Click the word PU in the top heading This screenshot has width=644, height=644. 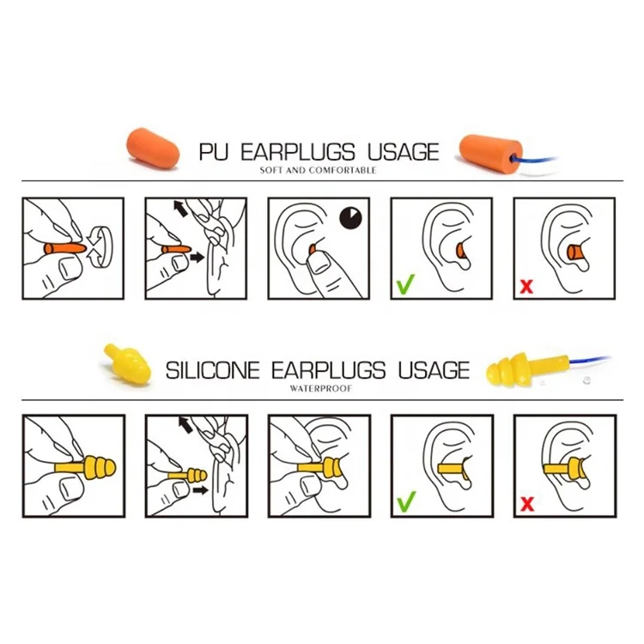[214, 152]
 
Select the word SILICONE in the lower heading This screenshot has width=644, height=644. [212, 370]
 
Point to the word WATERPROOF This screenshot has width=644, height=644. [321, 388]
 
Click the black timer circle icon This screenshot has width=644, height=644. [350, 218]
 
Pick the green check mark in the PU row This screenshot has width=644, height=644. [405, 284]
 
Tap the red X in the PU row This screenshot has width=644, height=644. [526, 286]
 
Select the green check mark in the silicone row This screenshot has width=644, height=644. [406, 501]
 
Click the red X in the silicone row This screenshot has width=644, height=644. [527, 504]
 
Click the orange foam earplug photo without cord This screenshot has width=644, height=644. [153, 148]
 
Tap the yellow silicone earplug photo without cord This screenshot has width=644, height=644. [128, 364]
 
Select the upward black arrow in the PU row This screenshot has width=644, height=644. [180, 209]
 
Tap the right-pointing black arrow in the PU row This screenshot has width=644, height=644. [197, 258]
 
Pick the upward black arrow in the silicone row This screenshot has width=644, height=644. [185, 425]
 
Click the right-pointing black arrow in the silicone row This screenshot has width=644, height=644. [200, 490]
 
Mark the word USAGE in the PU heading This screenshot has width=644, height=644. [404, 152]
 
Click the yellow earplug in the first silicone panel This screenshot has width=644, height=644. [86, 468]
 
